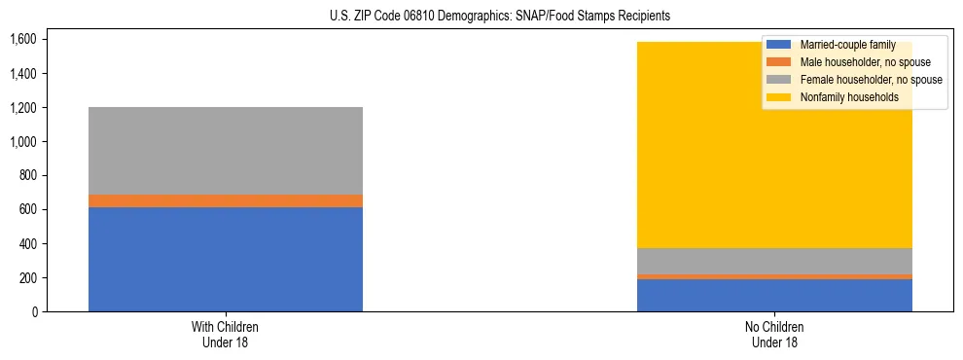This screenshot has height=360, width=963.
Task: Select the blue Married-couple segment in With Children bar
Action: (x=226, y=259)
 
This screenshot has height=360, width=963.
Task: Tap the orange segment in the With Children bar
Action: (x=226, y=200)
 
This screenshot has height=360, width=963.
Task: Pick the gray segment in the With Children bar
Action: (x=226, y=150)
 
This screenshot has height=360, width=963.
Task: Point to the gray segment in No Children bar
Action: (x=774, y=261)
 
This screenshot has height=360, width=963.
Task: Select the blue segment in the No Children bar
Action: (x=774, y=295)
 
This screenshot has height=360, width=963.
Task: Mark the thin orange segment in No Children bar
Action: (x=774, y=276)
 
